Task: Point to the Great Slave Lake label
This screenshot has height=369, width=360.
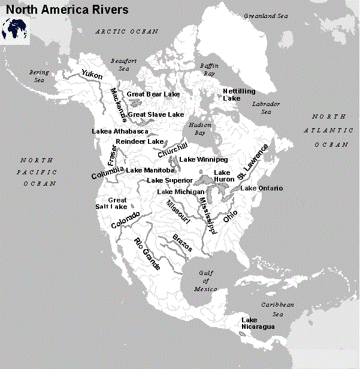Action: [156, 114]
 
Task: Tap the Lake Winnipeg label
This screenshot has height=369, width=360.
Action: [204, 160]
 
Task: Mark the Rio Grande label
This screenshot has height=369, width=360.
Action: [147, 254]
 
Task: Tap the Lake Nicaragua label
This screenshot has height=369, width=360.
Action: [258, 323]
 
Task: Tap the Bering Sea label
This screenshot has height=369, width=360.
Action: [40, 76]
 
